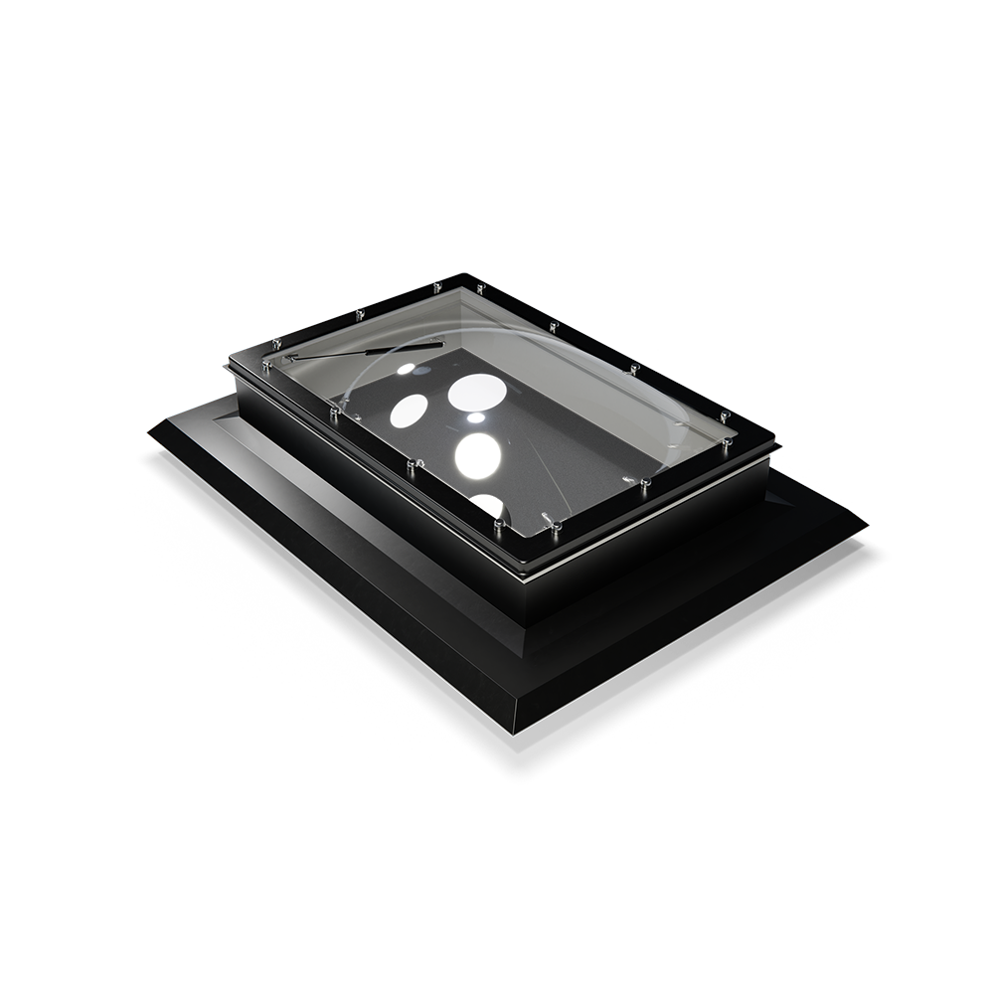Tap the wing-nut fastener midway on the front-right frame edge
click(636, 483)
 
